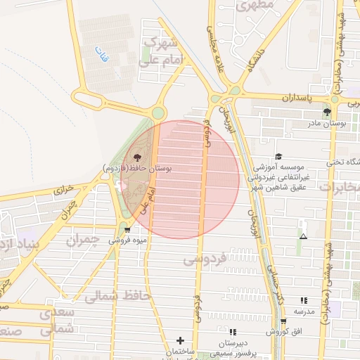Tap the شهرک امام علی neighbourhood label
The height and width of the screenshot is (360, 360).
(x=162, y=52)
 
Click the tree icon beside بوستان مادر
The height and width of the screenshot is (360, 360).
(x=327, y=112)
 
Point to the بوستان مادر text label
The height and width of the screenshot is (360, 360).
(x=328, y=124)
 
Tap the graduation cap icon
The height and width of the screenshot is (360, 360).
(x=278, y=157)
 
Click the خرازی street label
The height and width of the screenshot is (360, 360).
(x=63, y=190)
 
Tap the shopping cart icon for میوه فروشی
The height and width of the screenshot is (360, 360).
(x=127, y=229)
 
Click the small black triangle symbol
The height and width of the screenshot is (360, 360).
(x=303, y=237)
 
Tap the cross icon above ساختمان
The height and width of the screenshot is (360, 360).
(x=181, y=341)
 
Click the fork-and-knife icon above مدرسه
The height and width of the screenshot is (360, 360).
(x=304, y=300)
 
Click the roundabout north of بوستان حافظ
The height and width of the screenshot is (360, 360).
(x=159, y=112)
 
